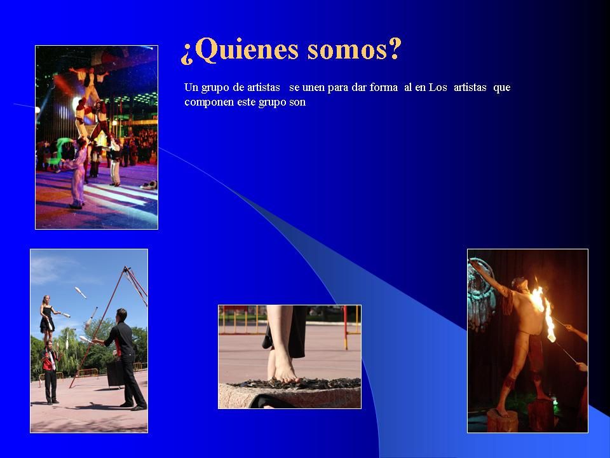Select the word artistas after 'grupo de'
pyautogui.click(x=263, y=87)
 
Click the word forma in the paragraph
pyautogui.click(x=384, y=87)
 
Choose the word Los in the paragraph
pyautogui.click(x=438, y=87)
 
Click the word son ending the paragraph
pyautogui.click(x=297, y=103)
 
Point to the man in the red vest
pyautogui.click(x=50, y=372)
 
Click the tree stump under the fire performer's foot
pyautogui.click(x=502, y=420)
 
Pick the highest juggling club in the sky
pyautogui.click(x=81, y=292)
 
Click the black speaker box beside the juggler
pyautogui.click(x=115, y=374)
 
